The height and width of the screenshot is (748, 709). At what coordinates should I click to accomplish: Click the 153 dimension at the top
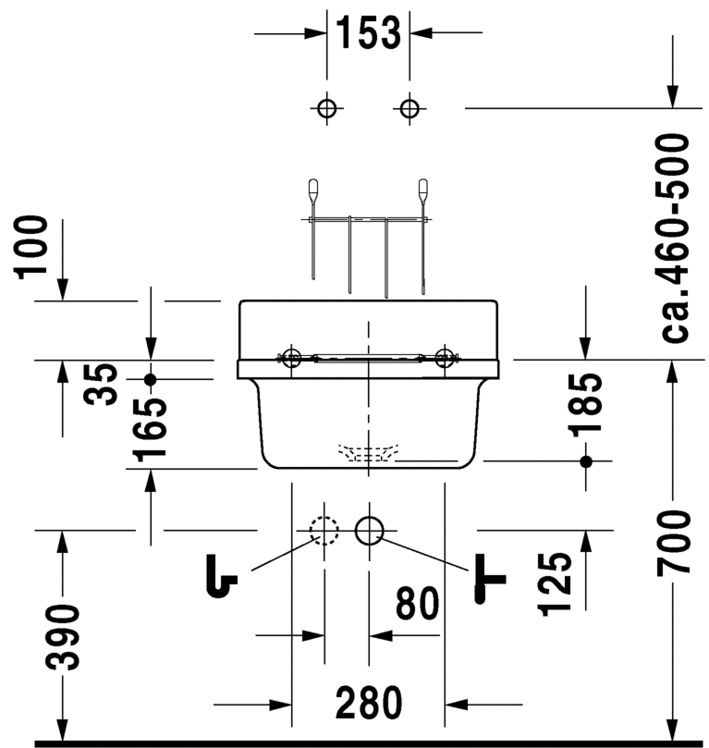pos(368,33)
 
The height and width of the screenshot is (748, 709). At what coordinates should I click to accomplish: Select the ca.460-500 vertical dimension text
pos(676,238)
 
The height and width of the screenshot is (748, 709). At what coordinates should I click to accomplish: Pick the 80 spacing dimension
pos(418,605)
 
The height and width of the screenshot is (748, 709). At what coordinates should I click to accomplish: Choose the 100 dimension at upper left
pos(33,246)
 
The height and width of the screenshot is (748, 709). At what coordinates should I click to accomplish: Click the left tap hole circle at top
pos(324,108)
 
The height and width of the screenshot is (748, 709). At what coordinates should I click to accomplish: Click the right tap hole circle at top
pos(410,108)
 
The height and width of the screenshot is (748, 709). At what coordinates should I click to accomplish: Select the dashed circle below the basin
pos(324,530)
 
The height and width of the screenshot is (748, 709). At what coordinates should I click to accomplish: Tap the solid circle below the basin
pos(369,530)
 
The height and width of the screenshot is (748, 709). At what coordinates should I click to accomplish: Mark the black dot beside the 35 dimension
pos(152,379)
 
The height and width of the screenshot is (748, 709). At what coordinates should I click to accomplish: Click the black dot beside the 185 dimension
pos(584,460)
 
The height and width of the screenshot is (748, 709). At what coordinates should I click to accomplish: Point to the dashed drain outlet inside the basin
pos(368,453)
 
